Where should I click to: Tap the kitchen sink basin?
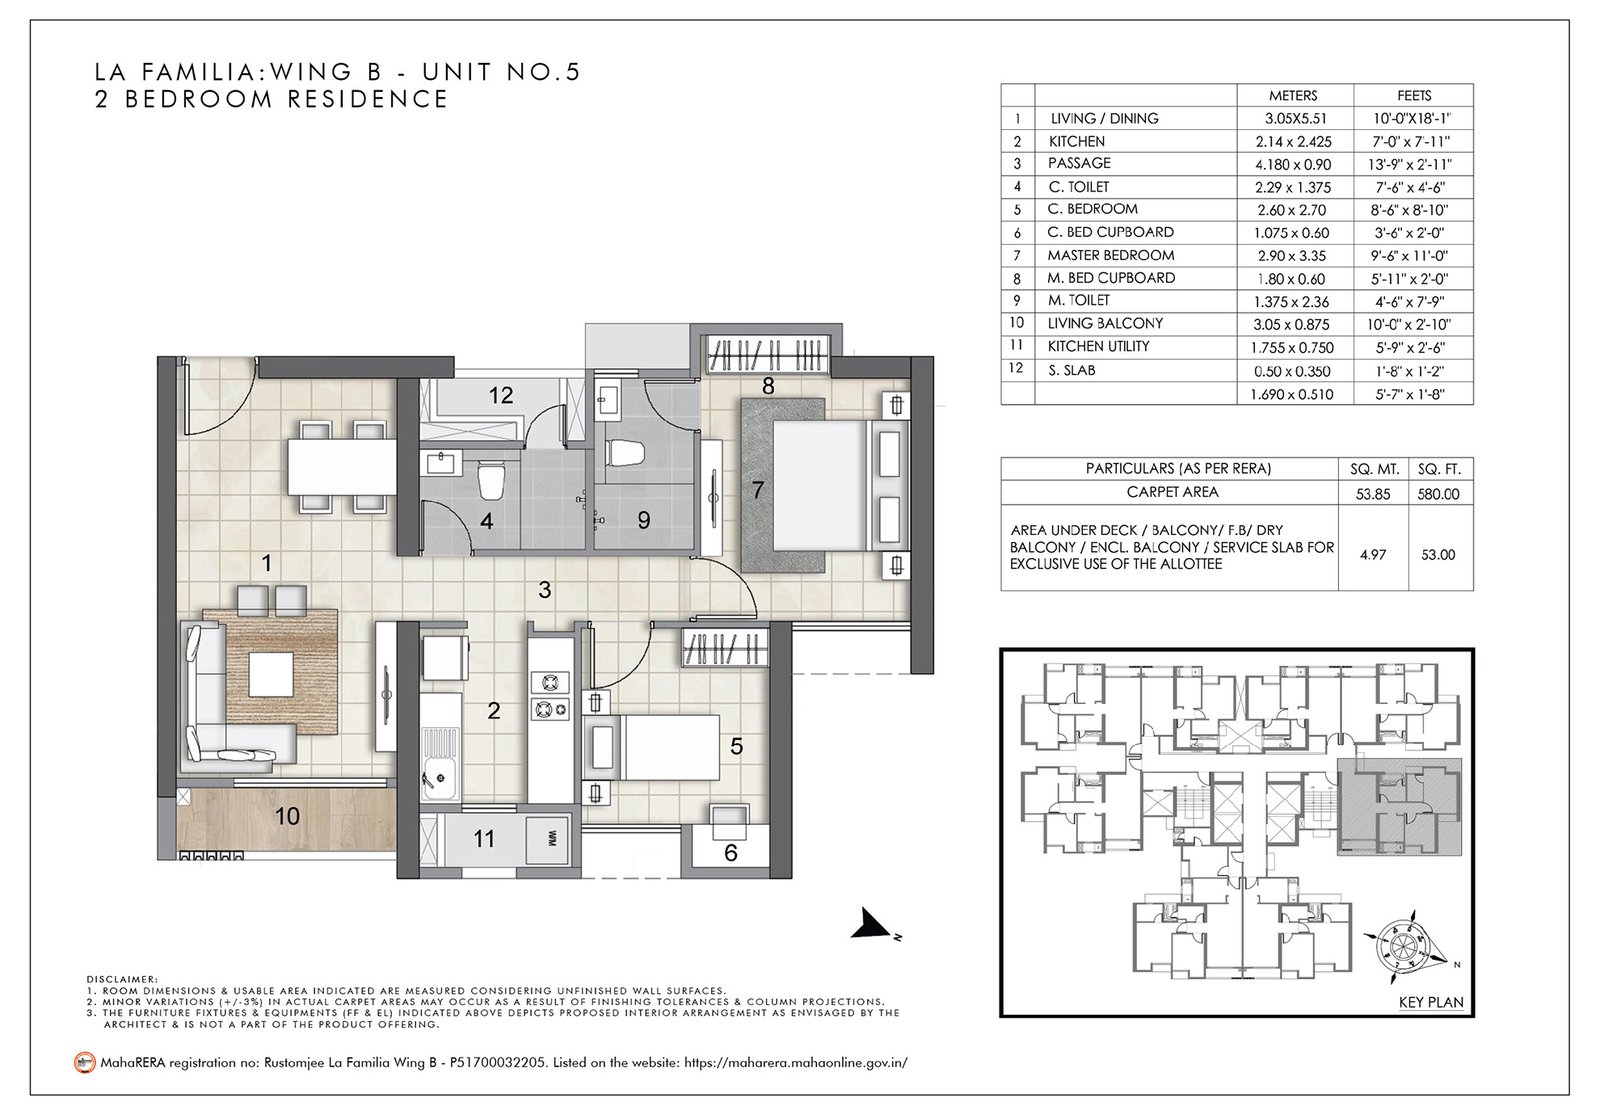437,772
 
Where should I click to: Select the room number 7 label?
758,491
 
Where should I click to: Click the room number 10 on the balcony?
287,817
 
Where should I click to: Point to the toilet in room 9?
626,453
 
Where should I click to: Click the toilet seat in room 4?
491,482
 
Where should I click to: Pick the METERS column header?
1293,96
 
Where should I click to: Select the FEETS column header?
1415,96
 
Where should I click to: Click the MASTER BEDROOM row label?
1110,255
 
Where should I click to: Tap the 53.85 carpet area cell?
1365,493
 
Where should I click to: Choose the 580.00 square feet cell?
1438,493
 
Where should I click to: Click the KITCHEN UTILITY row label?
1098,346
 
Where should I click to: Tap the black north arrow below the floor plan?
870,929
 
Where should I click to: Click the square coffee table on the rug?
272,674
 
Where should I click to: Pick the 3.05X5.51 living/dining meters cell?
1293,119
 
